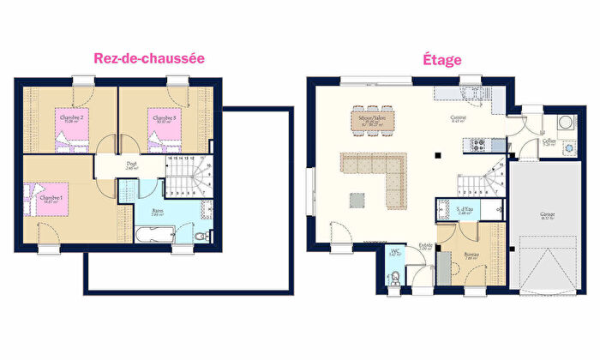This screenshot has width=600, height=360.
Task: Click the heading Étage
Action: tap(441, 60)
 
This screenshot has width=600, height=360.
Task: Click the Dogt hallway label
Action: tap(131, 165)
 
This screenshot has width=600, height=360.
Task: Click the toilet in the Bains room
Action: tap(201, 236)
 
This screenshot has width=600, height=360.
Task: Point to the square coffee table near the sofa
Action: tap(355, 201)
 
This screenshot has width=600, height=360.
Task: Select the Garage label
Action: tap(546, 216)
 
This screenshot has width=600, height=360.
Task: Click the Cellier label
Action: tap(549, 141)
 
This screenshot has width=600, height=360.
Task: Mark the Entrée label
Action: tap(424, 248)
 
